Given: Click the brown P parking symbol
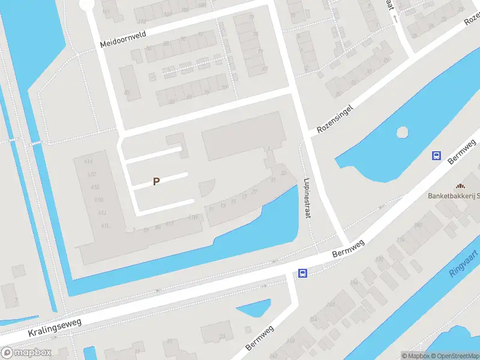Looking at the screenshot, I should coord(156,181).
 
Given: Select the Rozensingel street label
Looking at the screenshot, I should coord(335,117).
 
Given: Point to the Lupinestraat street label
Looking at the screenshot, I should coord(307,197).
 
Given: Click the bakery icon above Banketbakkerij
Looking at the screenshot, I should coord(460,187).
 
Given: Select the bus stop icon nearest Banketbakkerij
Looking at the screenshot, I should coord(436,156).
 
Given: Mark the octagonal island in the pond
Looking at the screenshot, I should coord(402,131).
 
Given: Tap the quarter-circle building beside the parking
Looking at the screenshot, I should coord(206,187).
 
